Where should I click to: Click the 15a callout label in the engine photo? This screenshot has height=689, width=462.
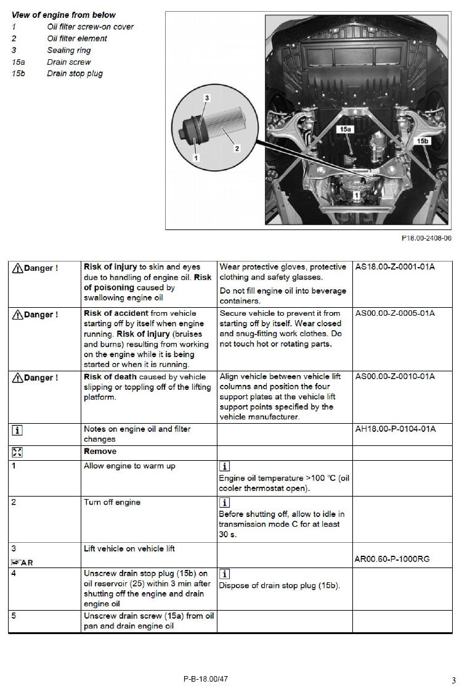click(346, 129)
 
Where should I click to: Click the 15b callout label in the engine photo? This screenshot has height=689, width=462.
click(423, 141)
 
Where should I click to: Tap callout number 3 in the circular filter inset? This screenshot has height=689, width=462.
click(207, 97)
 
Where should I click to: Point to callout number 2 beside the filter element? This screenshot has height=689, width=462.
click(237, 149)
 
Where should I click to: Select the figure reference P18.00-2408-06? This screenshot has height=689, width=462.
click(426, 238)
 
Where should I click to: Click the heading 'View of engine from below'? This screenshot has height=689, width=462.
click(63, 15)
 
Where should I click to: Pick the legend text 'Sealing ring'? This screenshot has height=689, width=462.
click(69, 50)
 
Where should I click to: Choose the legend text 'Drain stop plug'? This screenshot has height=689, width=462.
click(75, 73)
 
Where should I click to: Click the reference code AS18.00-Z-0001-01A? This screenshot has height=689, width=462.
click(395, 266)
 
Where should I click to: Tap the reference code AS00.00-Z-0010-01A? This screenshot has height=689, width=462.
click(395, 376)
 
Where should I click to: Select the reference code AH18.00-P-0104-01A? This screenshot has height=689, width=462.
click(395, 429)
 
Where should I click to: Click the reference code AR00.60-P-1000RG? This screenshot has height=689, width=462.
click(392, 559)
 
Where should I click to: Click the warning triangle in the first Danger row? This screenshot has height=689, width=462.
click(17, 268)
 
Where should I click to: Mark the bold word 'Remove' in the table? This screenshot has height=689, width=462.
click(100, 452)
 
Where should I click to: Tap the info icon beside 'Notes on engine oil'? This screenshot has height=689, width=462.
click(17, 430)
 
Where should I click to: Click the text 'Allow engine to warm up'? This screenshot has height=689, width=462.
click(129, 466)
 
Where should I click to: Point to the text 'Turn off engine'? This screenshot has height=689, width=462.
click(112, 502)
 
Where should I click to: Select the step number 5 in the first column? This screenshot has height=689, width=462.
click(14, 616)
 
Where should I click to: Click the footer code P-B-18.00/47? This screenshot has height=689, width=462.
click(206, 679)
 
